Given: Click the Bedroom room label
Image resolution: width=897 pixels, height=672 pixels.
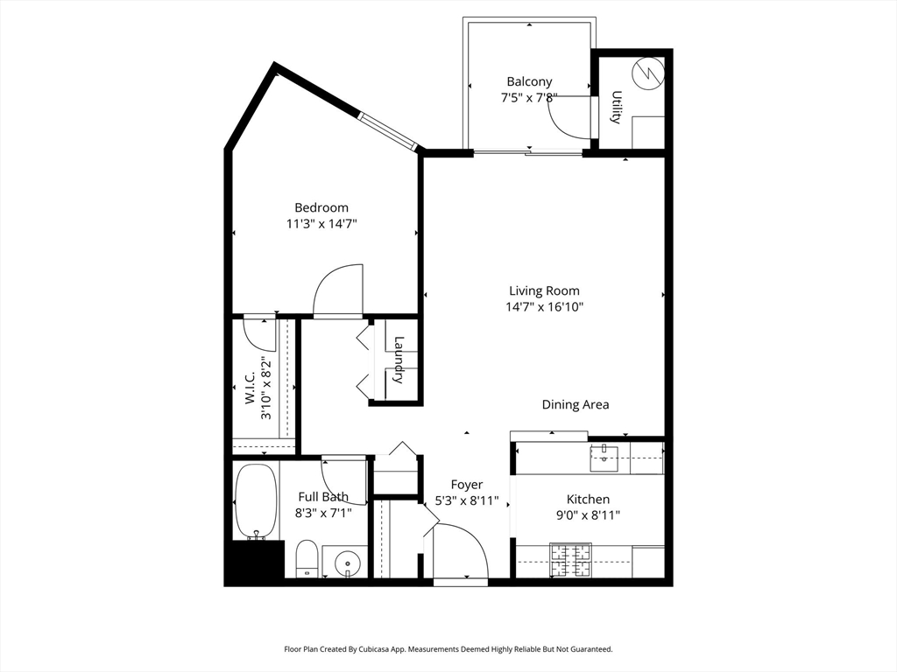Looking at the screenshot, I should click(x=321, y=207).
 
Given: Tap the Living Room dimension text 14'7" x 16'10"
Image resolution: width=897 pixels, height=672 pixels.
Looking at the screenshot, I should click(x=544, y=307).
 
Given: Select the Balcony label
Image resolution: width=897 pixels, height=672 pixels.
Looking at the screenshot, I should click(x=529, y=82).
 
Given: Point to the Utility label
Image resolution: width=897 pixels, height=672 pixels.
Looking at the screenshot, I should click(x=617, y=108).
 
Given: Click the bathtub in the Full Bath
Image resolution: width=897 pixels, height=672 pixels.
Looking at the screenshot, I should click(x=256, y=501).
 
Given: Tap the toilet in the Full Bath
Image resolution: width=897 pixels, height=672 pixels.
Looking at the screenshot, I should click(x=307, y=558).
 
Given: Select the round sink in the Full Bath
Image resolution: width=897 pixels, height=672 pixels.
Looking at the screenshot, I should click(x=347, y=560).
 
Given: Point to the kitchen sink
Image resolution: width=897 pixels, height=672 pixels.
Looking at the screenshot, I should click(x=604, y=453).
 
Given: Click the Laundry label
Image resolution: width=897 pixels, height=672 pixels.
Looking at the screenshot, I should click(x=399, y=360).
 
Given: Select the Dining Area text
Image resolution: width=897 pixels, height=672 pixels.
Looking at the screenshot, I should click(x=575, y=404).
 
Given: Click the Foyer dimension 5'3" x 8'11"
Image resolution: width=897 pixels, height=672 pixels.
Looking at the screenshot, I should click(x=467, y=501).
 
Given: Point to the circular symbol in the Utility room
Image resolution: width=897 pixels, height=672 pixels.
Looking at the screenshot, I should click(x=648, y=73).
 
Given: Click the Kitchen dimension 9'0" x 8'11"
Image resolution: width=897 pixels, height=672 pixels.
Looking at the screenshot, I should click(x=587, y=515).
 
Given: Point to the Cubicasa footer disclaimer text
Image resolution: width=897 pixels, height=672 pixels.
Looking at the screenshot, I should click(x=448, y=649).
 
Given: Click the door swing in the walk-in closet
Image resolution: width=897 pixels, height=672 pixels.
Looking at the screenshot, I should click(x=259, y=331).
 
